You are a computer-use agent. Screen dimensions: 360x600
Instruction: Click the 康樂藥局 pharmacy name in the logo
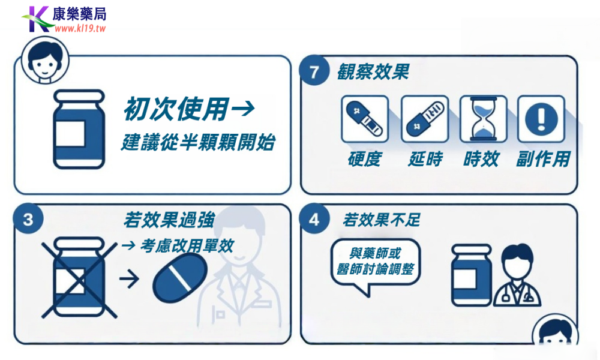[x=79, y=14]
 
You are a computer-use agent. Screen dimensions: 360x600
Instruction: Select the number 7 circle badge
[x=314, y=72]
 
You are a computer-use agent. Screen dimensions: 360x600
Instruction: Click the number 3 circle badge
[x=28, y=220]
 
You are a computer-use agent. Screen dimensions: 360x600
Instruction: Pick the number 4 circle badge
[x=314, y=220]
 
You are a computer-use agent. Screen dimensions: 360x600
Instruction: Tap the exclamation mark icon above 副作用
[x=541, y=119]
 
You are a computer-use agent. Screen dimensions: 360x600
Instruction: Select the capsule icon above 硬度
[x=364, y=119]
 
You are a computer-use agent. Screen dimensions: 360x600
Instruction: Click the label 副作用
[x=542, y=159]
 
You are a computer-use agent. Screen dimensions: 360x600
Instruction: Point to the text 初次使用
[x=176, y=109]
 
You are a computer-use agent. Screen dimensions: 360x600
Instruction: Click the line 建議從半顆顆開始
[x=198, y=143]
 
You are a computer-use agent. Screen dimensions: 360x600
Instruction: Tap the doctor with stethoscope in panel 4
[x=517, y=277]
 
